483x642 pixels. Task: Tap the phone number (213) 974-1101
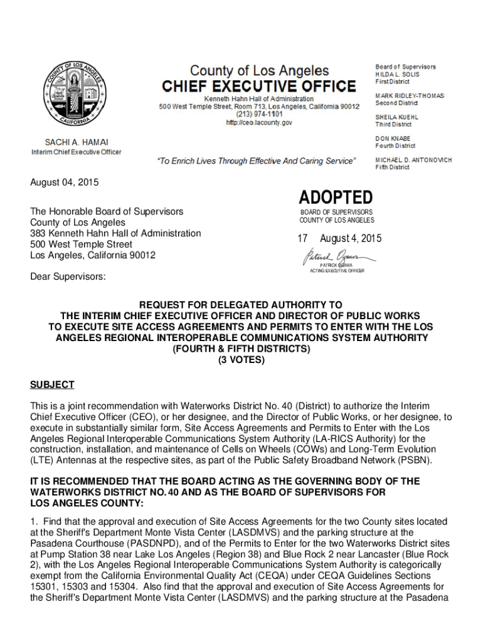pos(259,115)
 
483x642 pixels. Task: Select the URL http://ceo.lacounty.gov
pos(259,123)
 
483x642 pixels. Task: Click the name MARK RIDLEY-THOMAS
pos(410,95)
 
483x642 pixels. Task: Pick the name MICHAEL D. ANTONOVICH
pos(413,160)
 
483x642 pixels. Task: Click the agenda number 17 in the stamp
pos(302,239)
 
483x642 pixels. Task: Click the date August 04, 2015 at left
pos(65,182)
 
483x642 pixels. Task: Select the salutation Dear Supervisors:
pos(68,276)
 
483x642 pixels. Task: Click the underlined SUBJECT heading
pos(52,384)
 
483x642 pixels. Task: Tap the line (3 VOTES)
pos(241,360)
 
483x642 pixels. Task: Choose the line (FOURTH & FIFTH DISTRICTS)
pos(241,349)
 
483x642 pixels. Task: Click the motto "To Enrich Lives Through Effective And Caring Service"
pos(256,161)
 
